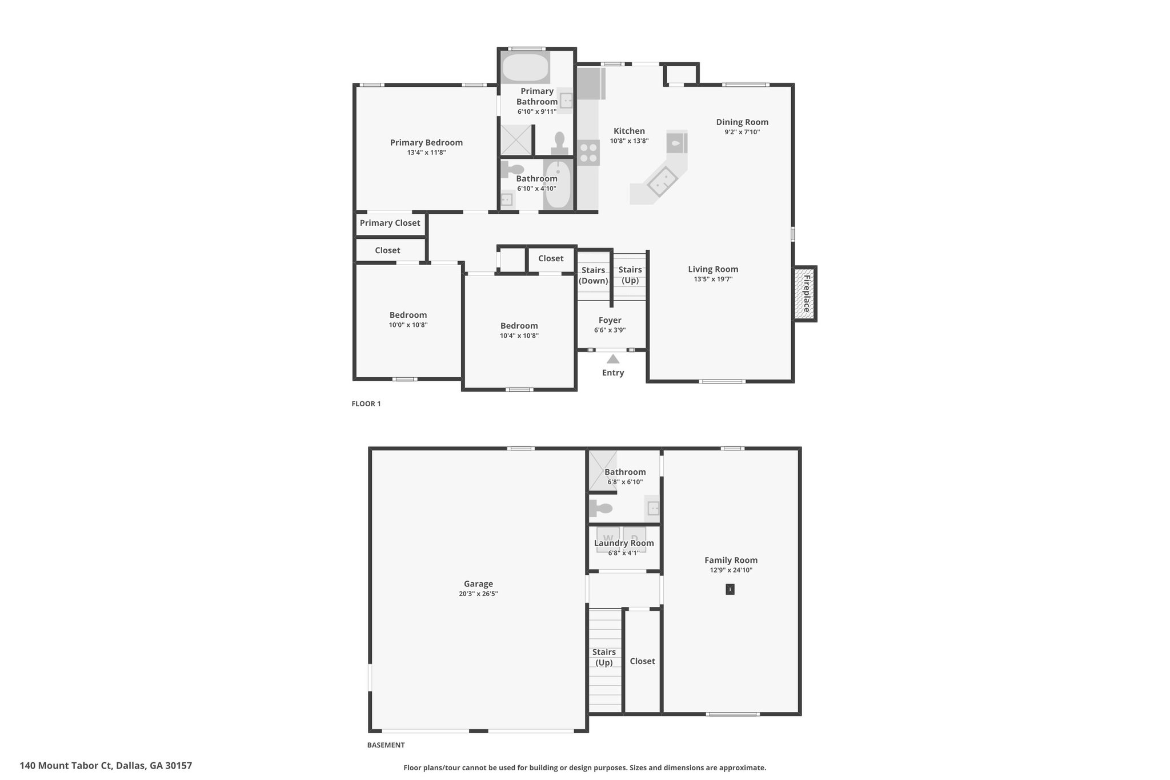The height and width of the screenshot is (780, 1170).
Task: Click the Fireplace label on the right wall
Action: [806, 294]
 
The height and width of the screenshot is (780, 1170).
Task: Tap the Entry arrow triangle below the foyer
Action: [613, 359]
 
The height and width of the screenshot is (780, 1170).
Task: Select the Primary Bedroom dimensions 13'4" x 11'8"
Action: [426, 153]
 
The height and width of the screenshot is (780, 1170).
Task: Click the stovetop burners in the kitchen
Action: [588, 153]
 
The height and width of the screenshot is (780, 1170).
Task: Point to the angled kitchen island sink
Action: [663, 181]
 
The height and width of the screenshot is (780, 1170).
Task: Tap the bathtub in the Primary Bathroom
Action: [525, 68]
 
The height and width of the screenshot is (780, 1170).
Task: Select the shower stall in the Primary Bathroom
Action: [516, 140]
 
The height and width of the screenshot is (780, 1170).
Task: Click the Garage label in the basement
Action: [478, 584]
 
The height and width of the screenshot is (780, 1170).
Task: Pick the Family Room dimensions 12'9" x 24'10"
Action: [731, 570]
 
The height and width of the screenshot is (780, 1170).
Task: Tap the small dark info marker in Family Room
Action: [730, 589]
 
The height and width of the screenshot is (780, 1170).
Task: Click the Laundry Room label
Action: [624, 543]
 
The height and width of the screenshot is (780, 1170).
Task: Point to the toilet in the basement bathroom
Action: [601, 507]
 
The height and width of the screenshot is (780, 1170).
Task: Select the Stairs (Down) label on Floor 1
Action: [593, 275]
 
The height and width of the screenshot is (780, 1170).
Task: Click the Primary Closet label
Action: [390, 223]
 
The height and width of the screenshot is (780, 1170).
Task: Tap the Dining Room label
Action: [742, 122]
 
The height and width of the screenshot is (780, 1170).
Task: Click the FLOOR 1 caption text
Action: [366, 403]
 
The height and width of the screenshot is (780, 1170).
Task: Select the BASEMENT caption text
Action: [386, 745]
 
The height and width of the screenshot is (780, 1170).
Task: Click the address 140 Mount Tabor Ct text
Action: [106, 765]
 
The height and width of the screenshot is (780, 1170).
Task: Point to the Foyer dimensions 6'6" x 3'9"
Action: [610, 330]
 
